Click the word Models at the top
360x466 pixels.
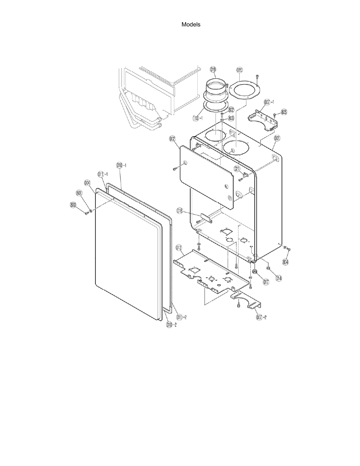click(x=191, y=25)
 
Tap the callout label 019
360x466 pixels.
click(x=213, y=69)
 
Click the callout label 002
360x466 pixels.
click(x=172, y=139)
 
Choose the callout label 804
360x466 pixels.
click(x=286, y=261)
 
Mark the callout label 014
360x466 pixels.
click(x=278, y=278)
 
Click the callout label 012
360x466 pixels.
click(x=179, y=248)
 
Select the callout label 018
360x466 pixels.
click(x=180, y=211)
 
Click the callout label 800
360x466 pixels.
click(x=73, y=205)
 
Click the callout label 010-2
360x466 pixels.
click(x=171, y=325)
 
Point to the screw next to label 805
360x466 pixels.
click(x=275, y=114)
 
